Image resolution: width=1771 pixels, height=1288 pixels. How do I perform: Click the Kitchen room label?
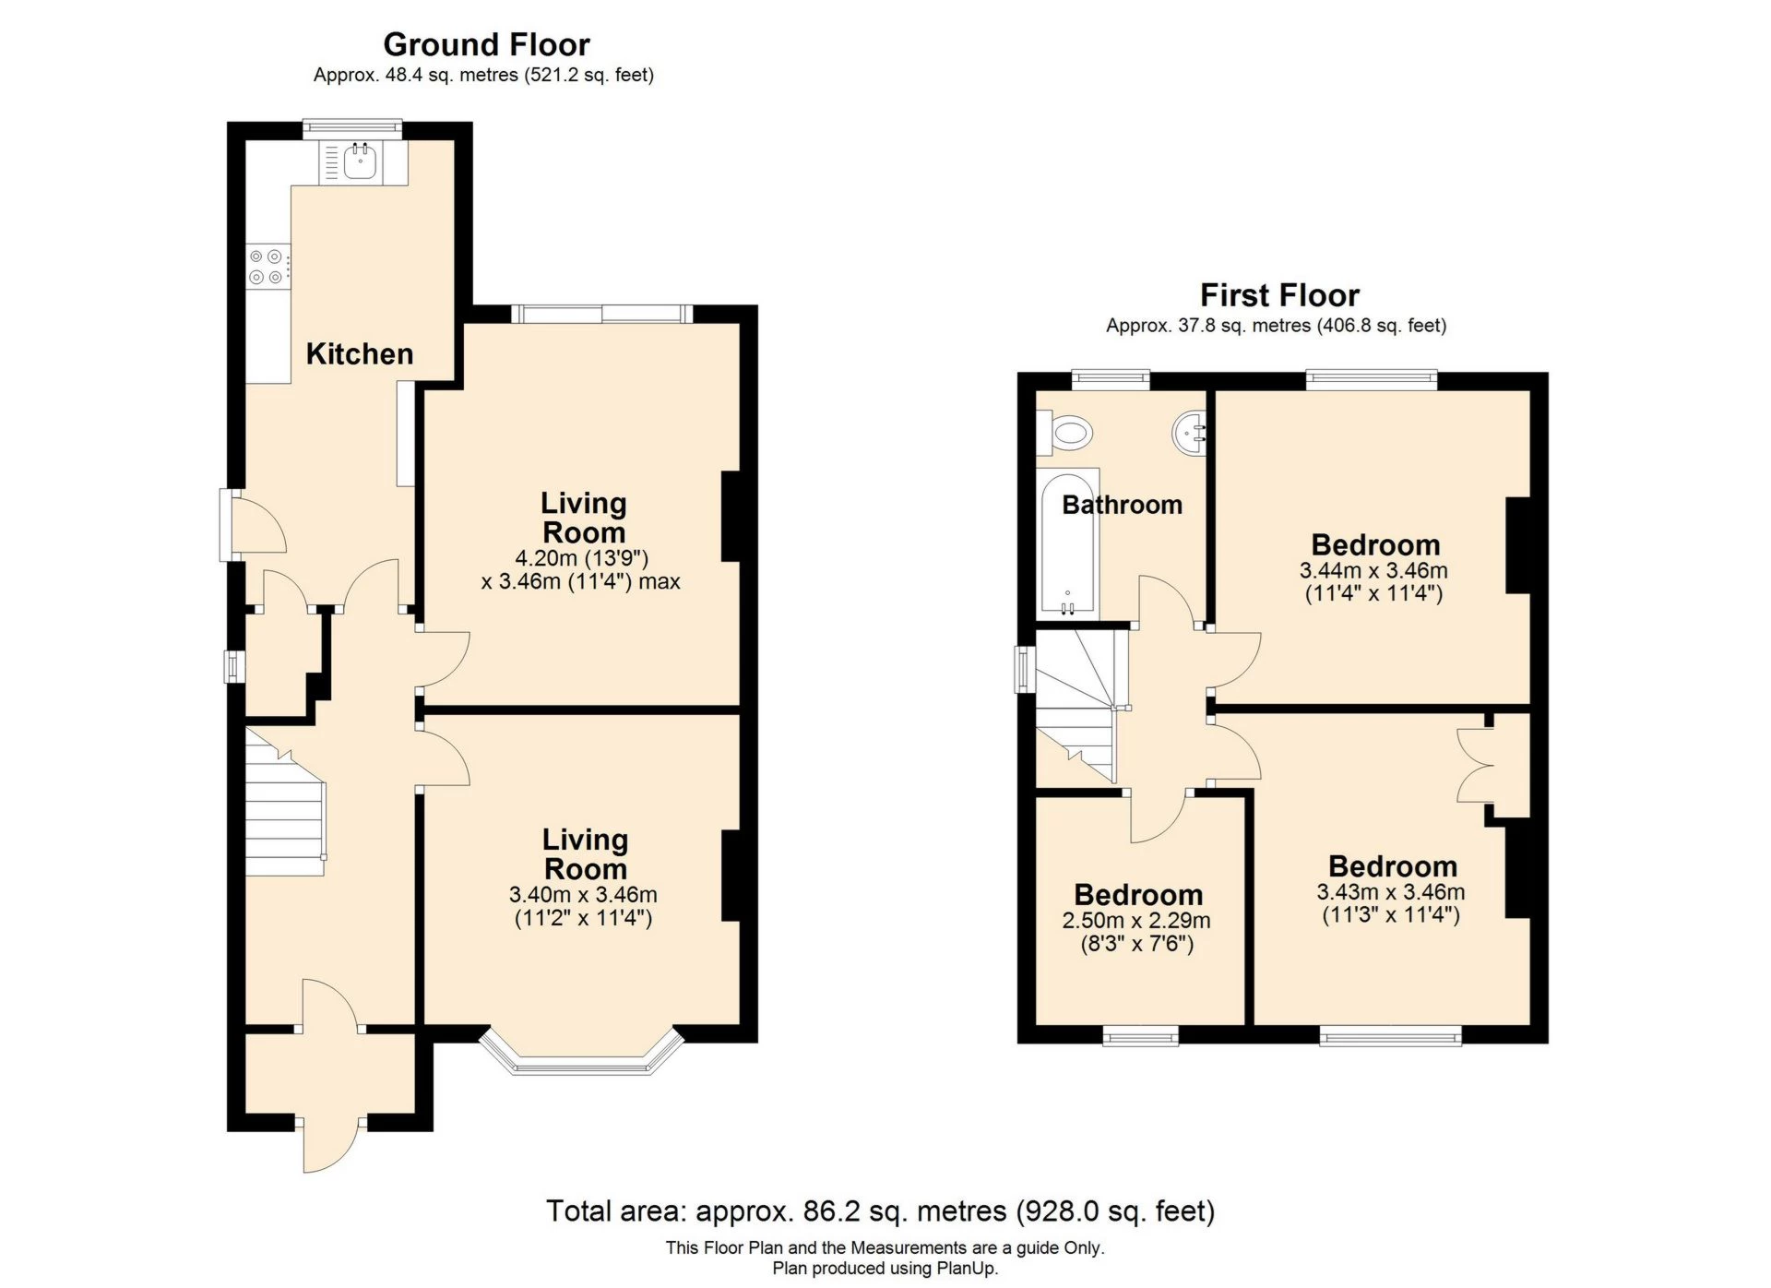coord(359,354)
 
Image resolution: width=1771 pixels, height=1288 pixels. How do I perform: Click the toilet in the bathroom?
coord(1066,432)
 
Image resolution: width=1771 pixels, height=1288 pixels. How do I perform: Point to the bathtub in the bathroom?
coord(1067,544)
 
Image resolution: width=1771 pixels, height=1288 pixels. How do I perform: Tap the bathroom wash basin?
coord(1190,432)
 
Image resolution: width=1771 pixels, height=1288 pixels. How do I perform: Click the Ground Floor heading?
coord(486,44)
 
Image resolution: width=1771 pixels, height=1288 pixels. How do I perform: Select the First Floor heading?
coord(1278,295)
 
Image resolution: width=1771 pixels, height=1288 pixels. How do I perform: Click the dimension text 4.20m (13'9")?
coord(581,558)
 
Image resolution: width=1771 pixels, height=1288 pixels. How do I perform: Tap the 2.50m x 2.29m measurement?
coord(1135,921)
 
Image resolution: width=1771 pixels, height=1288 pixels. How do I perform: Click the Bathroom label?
coord(1122,505)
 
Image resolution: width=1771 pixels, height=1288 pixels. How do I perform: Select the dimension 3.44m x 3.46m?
coord(1373,571)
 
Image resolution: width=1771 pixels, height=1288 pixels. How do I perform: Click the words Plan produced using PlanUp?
coord(885,1269)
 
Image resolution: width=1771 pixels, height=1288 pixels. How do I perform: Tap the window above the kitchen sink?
coord(353,127)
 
